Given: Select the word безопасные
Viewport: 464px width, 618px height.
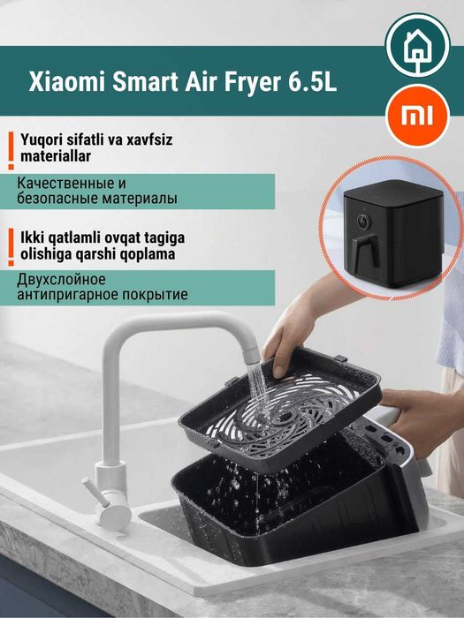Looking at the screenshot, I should pos(58,199).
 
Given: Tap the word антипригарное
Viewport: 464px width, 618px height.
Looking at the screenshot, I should pos(67,294).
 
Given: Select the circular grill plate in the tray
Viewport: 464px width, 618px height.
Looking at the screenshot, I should pos(285,411).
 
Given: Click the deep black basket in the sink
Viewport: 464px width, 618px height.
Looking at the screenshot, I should pos(265,512).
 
